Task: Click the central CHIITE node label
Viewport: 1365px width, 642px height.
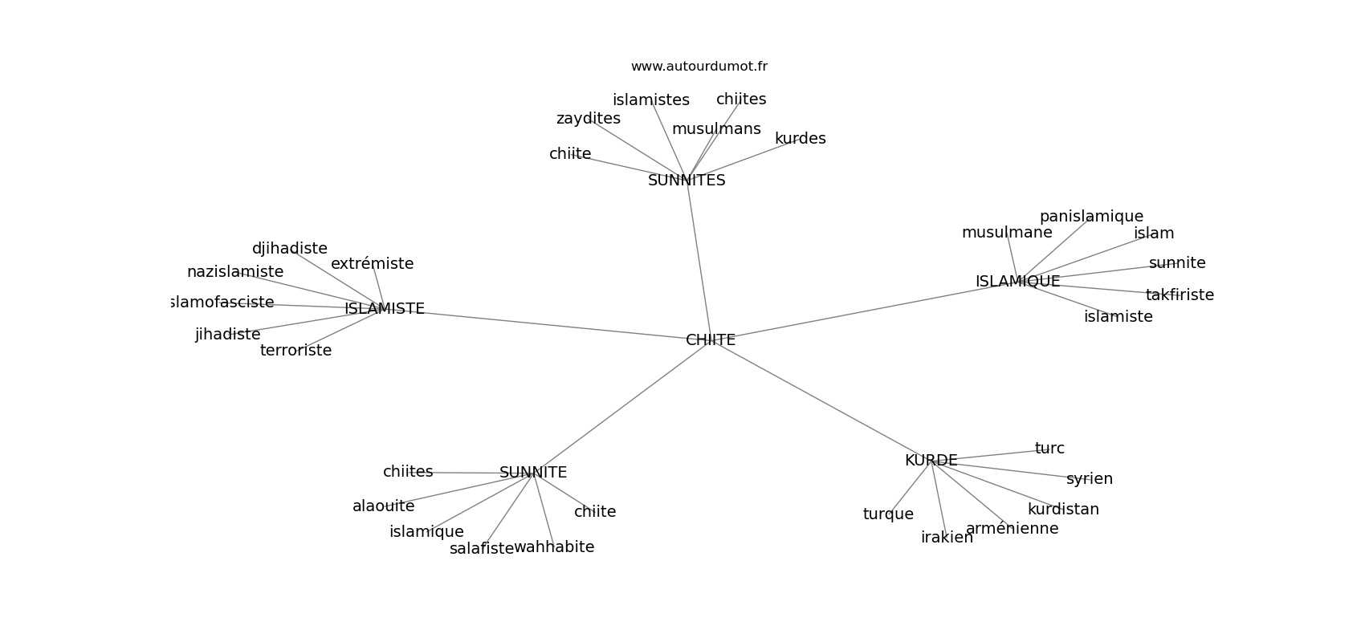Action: tap(711, 340)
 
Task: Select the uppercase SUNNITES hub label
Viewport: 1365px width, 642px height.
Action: tap(687, 181)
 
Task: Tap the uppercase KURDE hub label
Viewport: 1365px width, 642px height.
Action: tap(931, 461)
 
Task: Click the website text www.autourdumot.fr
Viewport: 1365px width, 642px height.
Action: tap(699, 67)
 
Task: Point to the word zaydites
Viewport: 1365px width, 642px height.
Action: tap(588, 119)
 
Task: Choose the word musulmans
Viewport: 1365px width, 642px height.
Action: tap(716, 129)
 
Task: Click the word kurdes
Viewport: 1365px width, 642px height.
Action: tap(800, 139)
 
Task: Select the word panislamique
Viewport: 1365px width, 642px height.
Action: tap(1091, 217)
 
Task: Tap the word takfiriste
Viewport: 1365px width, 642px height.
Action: tap(1180, 295)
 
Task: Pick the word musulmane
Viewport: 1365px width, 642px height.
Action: tap(1007, 233)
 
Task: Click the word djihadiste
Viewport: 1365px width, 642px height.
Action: tap(289, 249)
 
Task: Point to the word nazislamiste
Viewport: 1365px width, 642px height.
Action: tap(235, 272)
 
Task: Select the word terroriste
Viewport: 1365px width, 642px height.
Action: tap(295, 351)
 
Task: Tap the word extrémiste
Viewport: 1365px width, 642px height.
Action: tap(373, 264)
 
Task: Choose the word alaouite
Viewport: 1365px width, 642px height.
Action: tap(383, 506)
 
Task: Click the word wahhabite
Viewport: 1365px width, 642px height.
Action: tap(554, 547)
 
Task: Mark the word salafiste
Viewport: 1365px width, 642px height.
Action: tap(482, 549)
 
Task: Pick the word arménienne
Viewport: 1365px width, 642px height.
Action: tap(1013, 529)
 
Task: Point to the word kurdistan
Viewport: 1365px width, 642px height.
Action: tap(1063, 510)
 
